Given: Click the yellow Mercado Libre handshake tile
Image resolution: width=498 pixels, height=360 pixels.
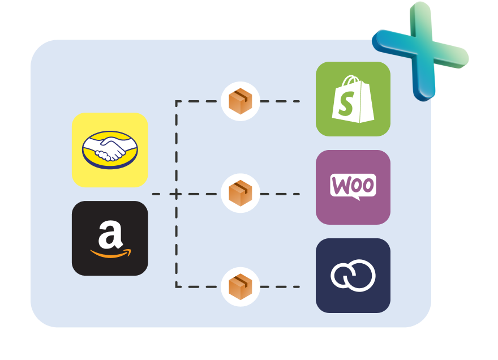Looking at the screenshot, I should point(110,149).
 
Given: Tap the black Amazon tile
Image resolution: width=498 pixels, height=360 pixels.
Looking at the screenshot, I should point(110,238).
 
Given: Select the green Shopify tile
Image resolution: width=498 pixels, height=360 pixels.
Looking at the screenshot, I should point(353,99).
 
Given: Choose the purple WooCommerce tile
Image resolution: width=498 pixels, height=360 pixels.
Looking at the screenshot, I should point(353,187).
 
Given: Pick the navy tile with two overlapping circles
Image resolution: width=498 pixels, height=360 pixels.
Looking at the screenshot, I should point(353,276).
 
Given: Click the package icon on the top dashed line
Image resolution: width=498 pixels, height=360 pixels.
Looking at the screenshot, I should point(240,102).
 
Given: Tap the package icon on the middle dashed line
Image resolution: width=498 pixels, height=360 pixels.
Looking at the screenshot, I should point(240,194).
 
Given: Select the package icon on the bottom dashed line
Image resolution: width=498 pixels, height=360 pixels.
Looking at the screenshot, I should point(240,286).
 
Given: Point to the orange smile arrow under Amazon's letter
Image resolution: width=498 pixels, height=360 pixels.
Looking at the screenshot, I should point(111,253).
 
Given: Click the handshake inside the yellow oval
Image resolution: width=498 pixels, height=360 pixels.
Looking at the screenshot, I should point(110,149).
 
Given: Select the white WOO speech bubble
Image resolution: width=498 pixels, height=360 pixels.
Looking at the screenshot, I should point(353,186).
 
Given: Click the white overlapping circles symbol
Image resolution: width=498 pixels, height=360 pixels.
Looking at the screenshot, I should point(353,276).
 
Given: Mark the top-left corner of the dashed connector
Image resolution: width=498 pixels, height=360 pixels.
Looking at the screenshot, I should point(177,102).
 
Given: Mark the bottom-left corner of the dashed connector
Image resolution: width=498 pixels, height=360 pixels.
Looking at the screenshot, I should point(177,286).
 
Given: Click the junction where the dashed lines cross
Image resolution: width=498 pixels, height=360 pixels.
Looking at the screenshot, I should point(177,194).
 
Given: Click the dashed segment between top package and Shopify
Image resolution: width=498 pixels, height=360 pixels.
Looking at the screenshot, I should point(280,102).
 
